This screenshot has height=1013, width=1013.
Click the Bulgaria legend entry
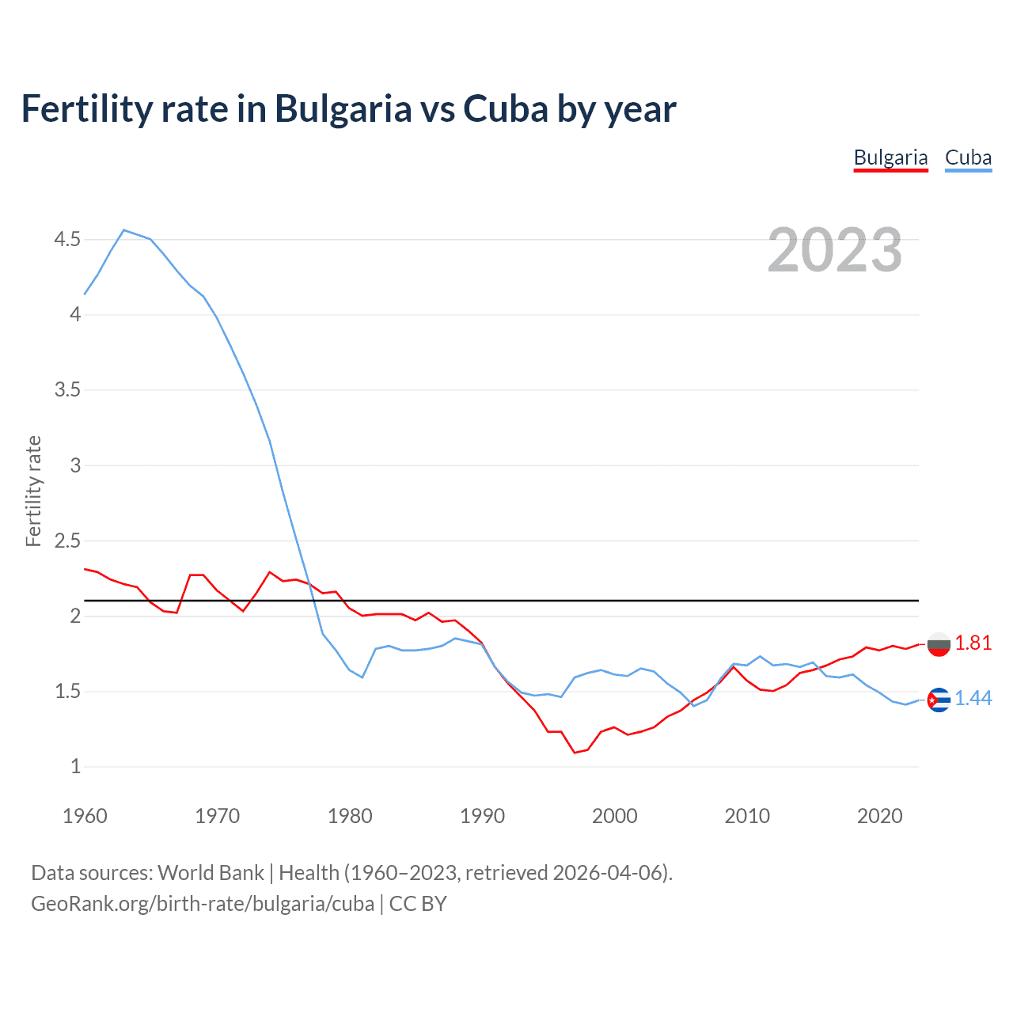(x=890, y=157)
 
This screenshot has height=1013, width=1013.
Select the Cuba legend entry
(x=968, y=157)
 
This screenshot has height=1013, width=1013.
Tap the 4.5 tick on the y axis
(x=67, y=239)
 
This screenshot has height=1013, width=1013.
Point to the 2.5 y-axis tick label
(x=67, y=541)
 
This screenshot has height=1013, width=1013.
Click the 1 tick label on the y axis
(x=75, y=767)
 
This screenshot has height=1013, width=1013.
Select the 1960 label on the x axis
(x=85, y=816)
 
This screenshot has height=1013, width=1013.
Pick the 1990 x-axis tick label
(x=482, y=816)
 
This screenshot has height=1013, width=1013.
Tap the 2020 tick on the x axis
(x=879, y=816)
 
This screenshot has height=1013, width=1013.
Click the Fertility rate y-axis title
(x=33, y=491)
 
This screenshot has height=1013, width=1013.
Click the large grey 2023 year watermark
(x=834, y=250)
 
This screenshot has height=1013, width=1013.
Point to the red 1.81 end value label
(x=973, y=643)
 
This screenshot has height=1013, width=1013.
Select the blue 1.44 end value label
(x=973, y=698)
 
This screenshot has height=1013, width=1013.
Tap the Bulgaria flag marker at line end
(x=938, y=644)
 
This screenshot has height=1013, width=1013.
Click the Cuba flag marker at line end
(x=938, y=700)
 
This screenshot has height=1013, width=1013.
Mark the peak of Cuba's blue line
(x=124, y=230)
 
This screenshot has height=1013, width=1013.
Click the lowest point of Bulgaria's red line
(x=575, y=753)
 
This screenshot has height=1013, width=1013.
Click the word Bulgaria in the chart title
(x=343, y=108)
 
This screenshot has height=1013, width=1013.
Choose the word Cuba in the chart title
(x=506, y=108)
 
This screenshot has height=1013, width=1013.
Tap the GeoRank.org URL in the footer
(x=202, y=903)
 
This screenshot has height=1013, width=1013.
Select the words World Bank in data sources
(x=211, y=872)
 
